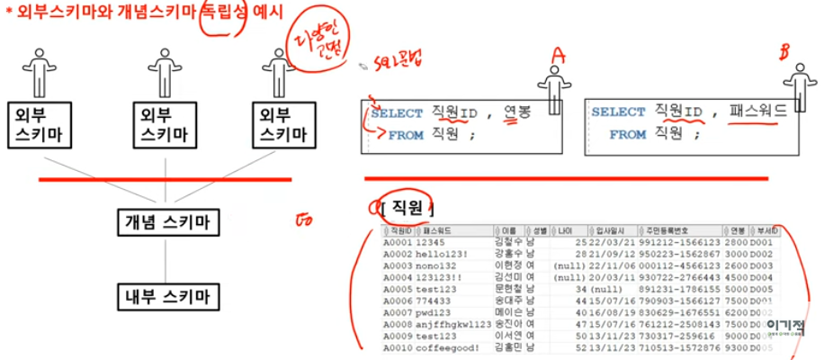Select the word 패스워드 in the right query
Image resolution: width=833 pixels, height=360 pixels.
pyautogui.click(x=755, y=112)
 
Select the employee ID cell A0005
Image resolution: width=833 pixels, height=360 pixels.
pyautogui.click(x=397, y=290)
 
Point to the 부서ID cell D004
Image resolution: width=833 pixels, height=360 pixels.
pyautogui.click(x=761, y=278)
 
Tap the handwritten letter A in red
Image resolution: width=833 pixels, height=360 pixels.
pyautogui.click(x=559, y=56)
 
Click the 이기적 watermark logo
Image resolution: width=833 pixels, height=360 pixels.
pyautogui.click(x=784, y=328)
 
